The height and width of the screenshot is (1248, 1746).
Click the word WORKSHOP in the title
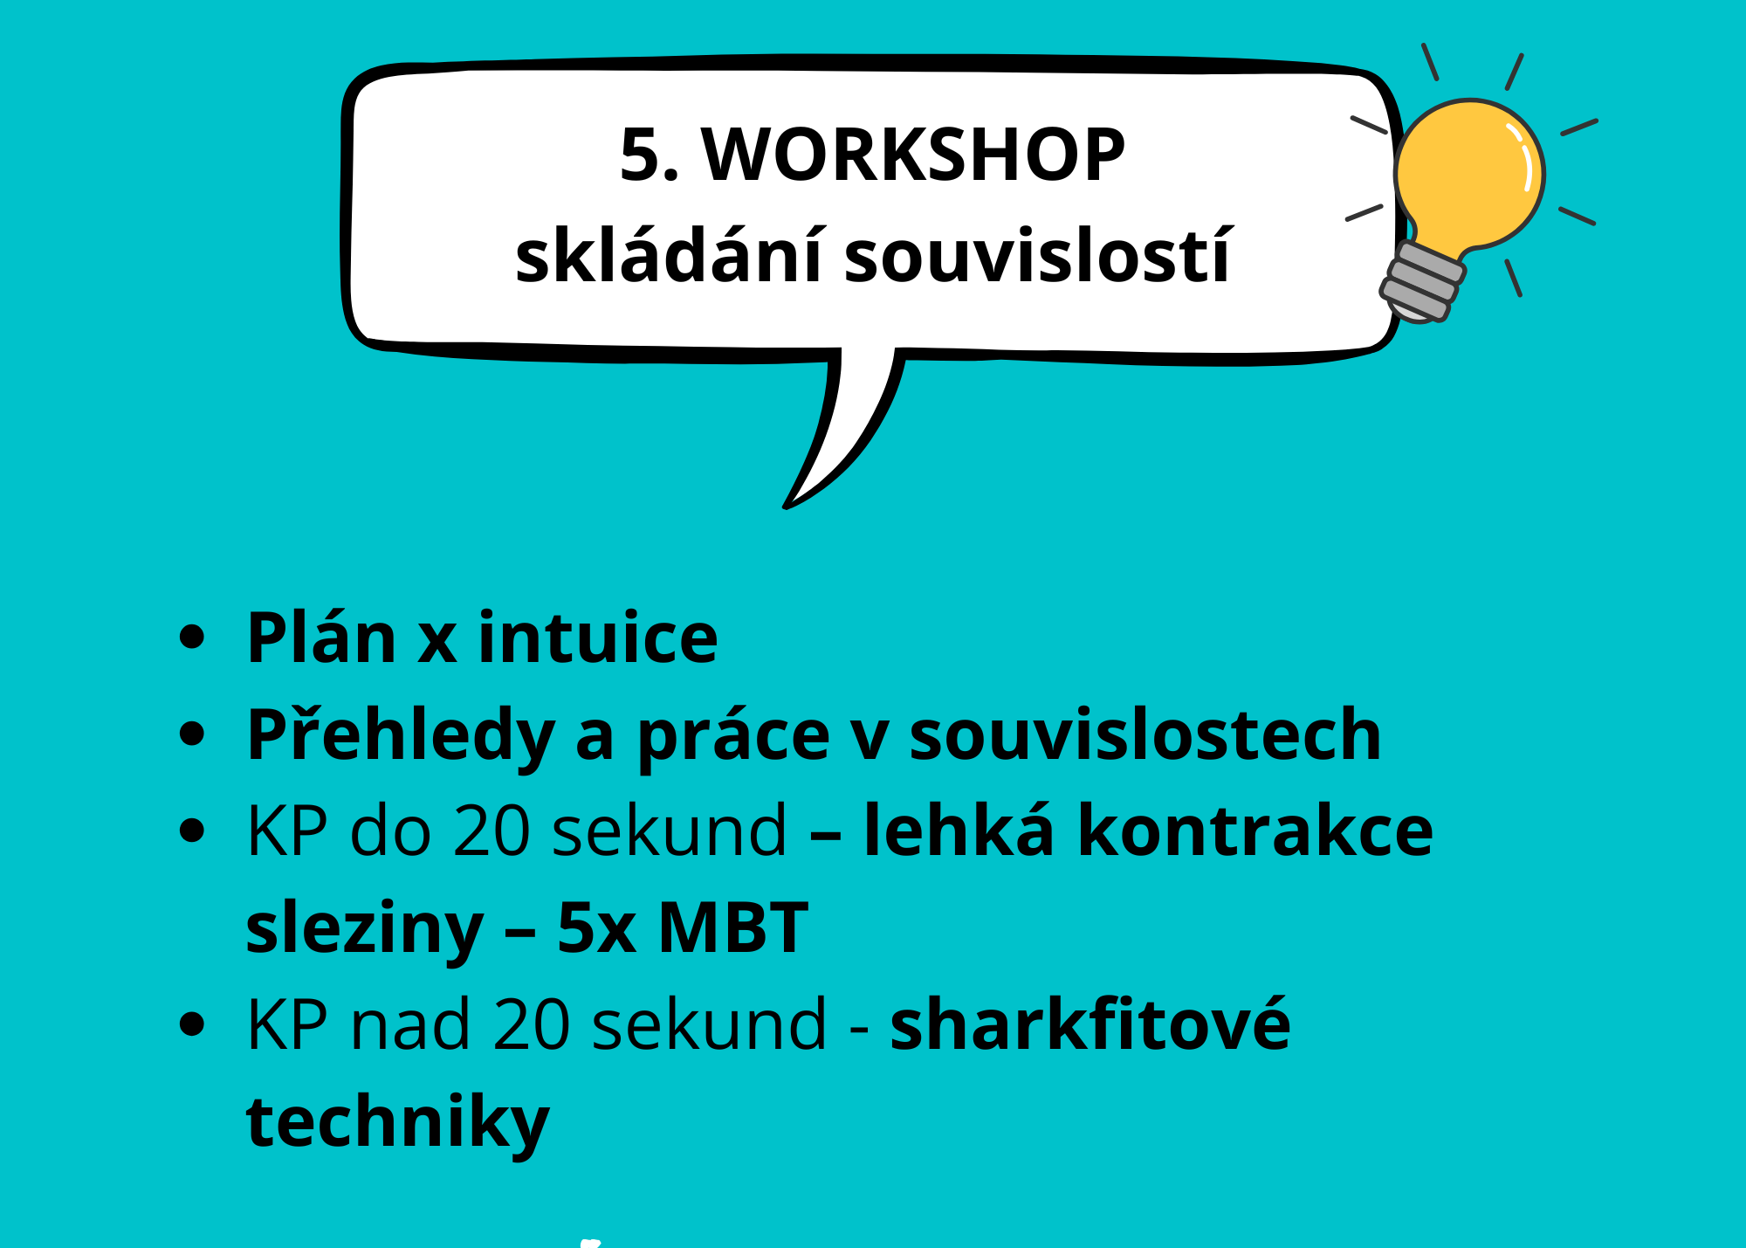(913, 155)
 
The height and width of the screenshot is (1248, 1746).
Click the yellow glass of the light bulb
(1470, 175)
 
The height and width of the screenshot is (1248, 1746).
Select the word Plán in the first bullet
(322, 638)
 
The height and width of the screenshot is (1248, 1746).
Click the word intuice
(598, 638)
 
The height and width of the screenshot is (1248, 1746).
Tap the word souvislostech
(1145, 734)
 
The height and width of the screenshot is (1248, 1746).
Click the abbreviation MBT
(733, 927)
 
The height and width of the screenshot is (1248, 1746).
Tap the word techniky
(398, 1123)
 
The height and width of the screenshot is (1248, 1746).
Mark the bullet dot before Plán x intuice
(191, 638)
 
